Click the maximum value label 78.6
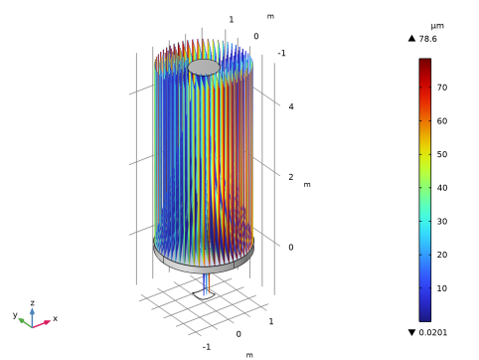click(427, 39)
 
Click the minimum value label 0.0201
click(432, 332)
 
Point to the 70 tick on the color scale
click(442, 88)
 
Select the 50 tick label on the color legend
click(442, 154)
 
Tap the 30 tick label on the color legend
click(442, 221)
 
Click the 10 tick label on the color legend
click(442, 288)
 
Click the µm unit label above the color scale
click(437, 26)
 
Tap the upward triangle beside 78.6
click(411, 39)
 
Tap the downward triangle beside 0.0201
click(411, 332)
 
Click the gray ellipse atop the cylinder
click(204, 68)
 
